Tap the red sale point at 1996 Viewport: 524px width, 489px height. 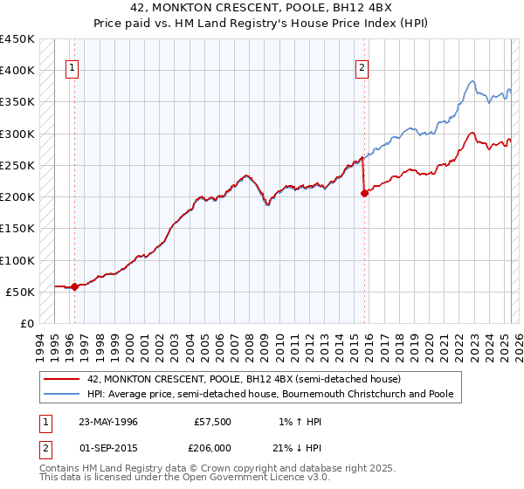74,286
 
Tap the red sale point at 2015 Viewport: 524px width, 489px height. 364,194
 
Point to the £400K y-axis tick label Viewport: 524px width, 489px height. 17,71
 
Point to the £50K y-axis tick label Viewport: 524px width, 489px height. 20,292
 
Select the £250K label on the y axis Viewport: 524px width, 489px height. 17,165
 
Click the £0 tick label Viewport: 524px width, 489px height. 27,323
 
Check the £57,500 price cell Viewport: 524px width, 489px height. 212,422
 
